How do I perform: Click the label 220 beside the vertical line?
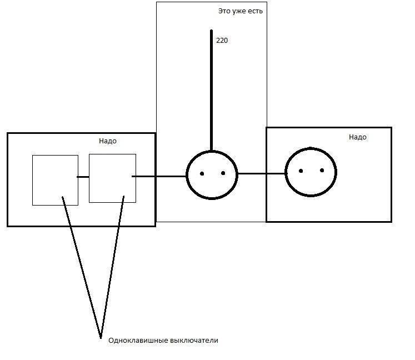(x=222, y=41)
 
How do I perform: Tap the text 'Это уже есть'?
(x=241, y=11)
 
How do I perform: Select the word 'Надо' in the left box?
(x=108, y=141)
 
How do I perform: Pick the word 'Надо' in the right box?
(x=358, y=137)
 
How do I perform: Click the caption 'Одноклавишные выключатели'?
(x=163, y=341)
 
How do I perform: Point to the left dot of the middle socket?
(x=202, y=174)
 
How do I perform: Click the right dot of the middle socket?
(x=223, y=173)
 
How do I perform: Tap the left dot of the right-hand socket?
(x=301, y=171)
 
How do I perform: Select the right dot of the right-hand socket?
(x=322, y=170)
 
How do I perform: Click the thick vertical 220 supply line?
(x=212, y=91)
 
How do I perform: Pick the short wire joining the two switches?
(x=83, y=177)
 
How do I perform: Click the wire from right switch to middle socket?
(x=159, y=176)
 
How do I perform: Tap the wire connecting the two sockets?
(x=262, y=174)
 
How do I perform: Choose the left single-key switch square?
(x=56, y=180)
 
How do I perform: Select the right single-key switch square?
(x=112, y=178)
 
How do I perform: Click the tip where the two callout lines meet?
(x=101, y=338)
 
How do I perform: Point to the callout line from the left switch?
(x=82, y=267)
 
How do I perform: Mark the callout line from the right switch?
(x=112, y=267)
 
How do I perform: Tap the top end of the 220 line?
(x=212, y=30)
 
